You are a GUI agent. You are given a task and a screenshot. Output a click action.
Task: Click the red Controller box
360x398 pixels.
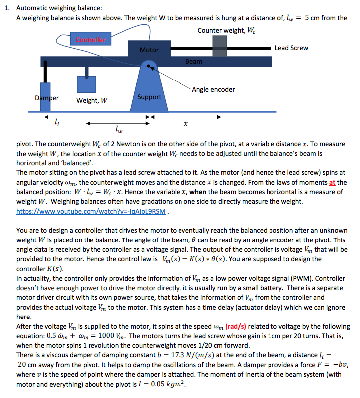[x=91, y=40]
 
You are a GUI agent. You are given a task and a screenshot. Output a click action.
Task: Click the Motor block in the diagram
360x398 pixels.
[x=149, y=50]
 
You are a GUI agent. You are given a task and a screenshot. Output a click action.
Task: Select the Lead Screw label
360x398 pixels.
[x=291, y=48]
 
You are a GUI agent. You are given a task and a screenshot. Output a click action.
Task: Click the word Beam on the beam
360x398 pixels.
[x=194, y=62]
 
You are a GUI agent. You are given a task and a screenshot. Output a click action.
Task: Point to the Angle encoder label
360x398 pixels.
[x=213, y=90]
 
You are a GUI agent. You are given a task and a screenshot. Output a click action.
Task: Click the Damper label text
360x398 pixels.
[x=47, y=98]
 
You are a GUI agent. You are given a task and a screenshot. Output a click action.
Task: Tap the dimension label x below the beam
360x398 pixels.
[x=185, y=122]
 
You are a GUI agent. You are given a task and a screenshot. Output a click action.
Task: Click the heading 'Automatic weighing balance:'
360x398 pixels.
[x=59, y=8]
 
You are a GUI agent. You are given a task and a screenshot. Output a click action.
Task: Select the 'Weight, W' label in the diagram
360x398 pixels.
[x=92, y=101]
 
